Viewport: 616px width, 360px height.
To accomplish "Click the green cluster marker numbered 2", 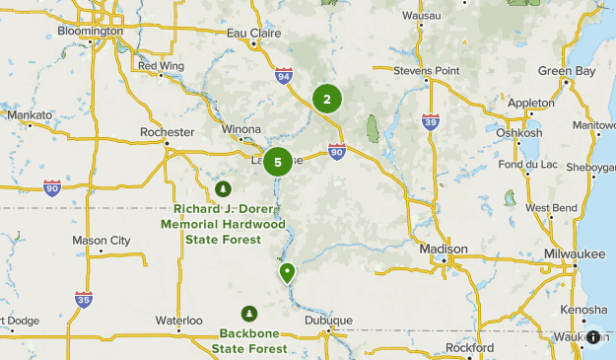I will click(327, 99).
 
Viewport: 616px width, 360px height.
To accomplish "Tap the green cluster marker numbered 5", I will click(278, 162).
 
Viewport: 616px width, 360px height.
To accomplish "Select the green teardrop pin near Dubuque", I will click(288, 272).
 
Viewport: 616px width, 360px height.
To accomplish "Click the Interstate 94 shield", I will click(284, 75).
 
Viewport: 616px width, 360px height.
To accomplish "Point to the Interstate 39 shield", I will click(430, 121).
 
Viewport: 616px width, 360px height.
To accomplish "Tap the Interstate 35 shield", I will click(84, 299).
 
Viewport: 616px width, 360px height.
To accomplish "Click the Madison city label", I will click(443, 250).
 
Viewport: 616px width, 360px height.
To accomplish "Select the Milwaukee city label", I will click(576, 254).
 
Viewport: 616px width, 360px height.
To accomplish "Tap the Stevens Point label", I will click(427, 71).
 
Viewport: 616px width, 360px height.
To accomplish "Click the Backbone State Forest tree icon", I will click(250, 313).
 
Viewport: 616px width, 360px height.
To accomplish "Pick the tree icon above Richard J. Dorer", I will click(222, 188).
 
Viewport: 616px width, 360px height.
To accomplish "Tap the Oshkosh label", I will click(519, 133).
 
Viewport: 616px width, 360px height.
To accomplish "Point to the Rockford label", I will click(469, 348).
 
